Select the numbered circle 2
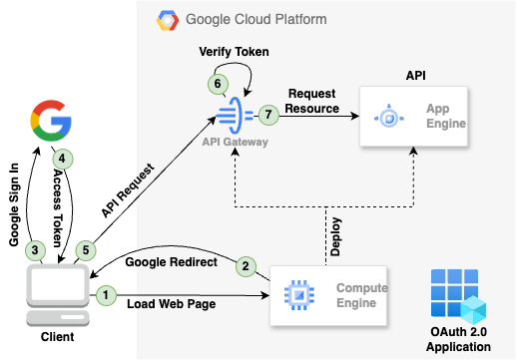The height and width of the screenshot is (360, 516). pyautogui.click(x=242, y=266)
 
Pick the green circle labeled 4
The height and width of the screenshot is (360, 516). pyautogui.click(x=62, y=158)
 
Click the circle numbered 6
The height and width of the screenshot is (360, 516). pyautogui.click(x=214, y=86)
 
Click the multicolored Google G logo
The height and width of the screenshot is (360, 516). pyautogui.click(x=49, y=120)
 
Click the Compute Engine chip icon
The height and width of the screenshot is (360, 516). pyautogui.click(x=296, y=295)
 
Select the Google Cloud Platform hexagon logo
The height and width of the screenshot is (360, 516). pyautogui.click(x=165, y=19)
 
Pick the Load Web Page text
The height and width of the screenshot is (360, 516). pyautogui.click(x=172, y=304)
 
